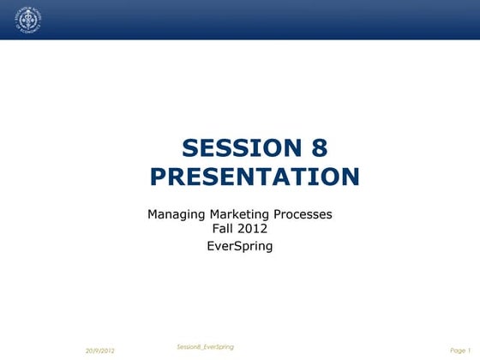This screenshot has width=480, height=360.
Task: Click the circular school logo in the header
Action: coord(29,21)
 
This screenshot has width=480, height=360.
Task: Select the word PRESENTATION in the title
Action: coord(255,177)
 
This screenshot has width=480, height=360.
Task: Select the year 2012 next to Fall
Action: coord(254,229)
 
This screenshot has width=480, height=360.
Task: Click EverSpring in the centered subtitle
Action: coord(240,246)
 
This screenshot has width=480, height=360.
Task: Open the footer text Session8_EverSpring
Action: coord(205,346)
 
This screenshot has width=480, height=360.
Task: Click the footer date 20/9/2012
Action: coord(100,351)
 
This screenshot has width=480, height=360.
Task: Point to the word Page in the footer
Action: coord(457,351)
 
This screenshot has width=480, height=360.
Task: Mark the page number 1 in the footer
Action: coord(471,351)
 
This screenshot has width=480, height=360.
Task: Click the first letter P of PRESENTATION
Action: coord(159,177)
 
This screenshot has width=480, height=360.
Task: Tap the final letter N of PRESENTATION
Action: coord(350,177)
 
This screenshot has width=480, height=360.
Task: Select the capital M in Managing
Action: coord(153,214)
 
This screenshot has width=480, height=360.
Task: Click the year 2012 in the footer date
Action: coord(106,351)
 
